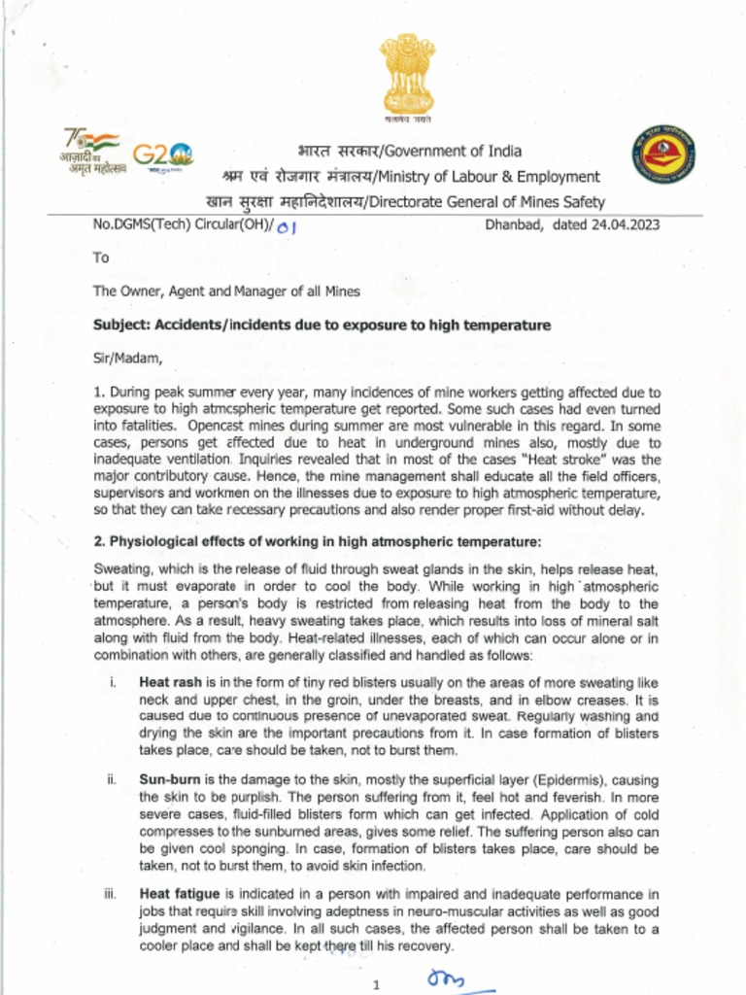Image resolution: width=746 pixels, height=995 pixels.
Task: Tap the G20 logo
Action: tap(162, 155)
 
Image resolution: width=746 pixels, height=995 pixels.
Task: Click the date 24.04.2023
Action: tap(622, 225)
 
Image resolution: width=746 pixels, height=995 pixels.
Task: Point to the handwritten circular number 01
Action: tap(285, 227)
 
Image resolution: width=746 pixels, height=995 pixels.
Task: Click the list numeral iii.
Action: tap(111, 894)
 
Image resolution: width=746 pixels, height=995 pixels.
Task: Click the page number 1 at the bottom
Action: tap(376, 985)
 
